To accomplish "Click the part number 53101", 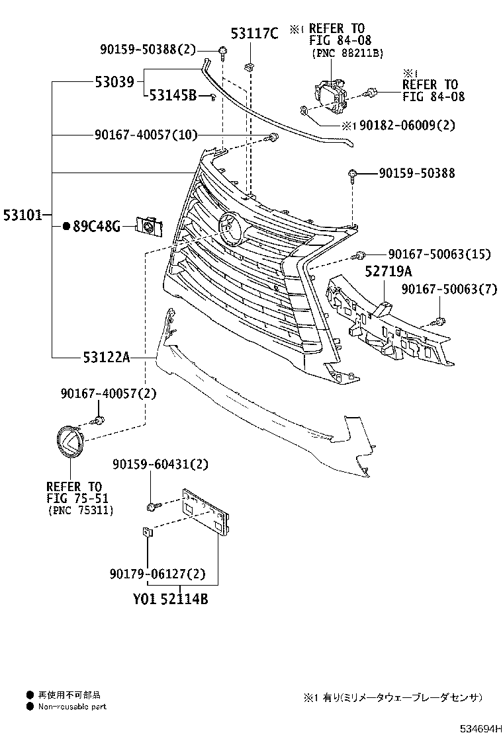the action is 23,215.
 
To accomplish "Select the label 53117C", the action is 254,33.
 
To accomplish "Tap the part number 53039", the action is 114,82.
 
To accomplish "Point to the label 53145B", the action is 173,96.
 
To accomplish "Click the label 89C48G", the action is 97,227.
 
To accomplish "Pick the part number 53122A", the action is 107,358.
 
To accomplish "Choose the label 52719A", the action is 389,271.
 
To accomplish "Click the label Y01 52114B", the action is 170,599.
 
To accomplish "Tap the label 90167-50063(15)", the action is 439,254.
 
